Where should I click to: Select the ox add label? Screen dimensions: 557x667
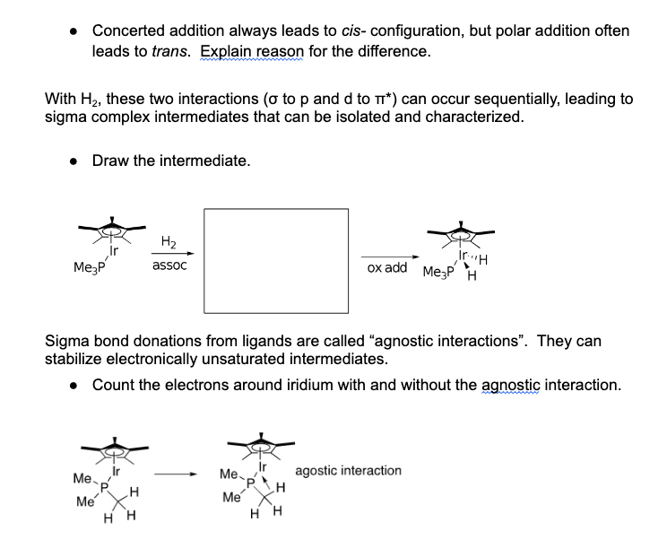tap(386, 268)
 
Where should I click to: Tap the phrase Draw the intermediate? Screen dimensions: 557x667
tap(171, 161)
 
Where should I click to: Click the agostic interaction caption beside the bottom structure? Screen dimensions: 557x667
tap(348, 471)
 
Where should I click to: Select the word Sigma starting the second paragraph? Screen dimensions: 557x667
tap(68, 342)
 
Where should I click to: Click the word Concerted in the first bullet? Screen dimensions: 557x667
tap(131, 30)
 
